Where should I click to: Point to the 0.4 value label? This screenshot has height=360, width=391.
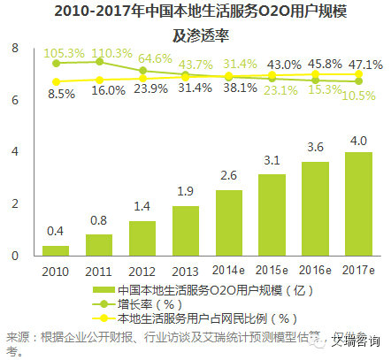57,231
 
